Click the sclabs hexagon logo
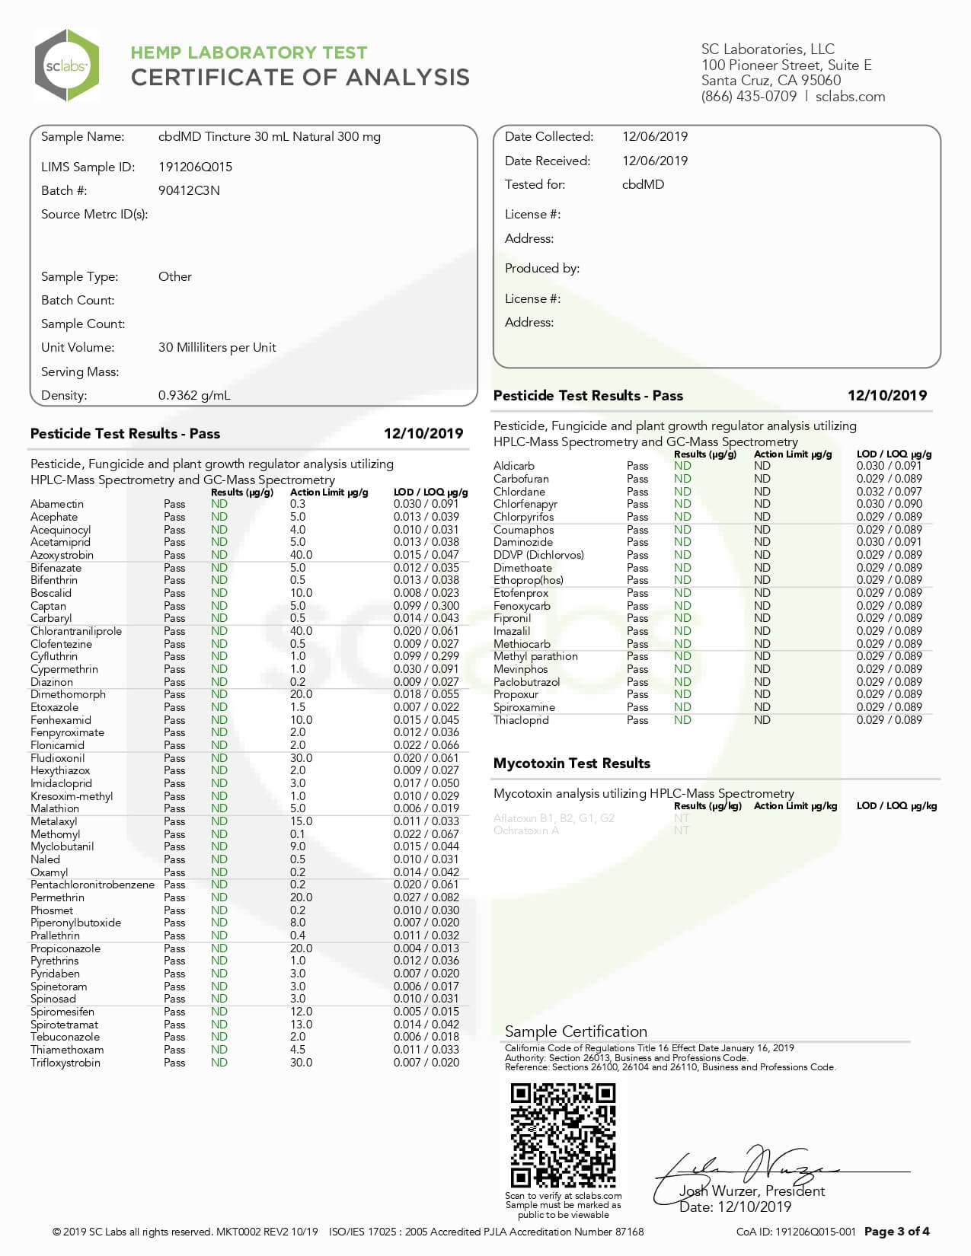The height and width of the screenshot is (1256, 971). tap(67, 66)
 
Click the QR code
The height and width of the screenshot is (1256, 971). tap(563, 1135)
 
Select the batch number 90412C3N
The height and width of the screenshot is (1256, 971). tap(189, 190)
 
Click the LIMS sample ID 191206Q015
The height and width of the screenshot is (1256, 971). tap(195, 167)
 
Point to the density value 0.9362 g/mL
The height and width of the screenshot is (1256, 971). tap(194, 395)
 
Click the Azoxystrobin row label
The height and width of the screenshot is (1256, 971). tap(62, 555)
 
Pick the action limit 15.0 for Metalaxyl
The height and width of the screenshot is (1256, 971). tap(301, 821)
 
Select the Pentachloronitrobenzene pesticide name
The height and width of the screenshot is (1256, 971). tap(92, 885)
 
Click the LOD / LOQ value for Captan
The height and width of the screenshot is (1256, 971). tap(426, 606)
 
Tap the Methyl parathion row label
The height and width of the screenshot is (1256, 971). tap(535, 656)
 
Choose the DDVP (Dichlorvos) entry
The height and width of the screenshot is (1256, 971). tap(538, 555)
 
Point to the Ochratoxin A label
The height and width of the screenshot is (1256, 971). tap(526, 830)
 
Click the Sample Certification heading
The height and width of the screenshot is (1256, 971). tap(576, 1031)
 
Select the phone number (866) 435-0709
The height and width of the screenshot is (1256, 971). tap(749, 97)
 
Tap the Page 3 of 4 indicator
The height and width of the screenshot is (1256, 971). tap(896, 1232)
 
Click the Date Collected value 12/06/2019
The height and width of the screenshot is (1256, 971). tap(655, 137)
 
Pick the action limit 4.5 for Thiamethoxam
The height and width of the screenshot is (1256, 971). tap(298, 1050)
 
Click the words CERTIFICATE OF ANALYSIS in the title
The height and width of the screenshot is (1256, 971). tap(300, 78)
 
